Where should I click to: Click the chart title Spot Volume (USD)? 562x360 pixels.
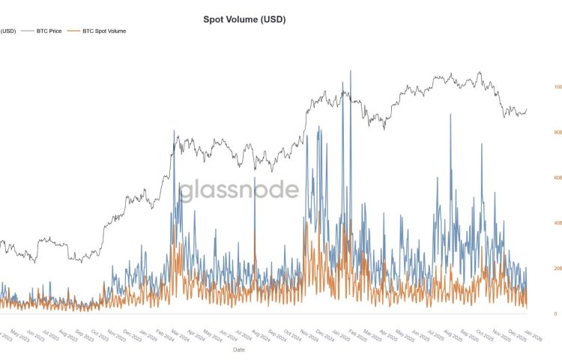244,19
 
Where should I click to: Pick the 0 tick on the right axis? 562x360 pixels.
555,313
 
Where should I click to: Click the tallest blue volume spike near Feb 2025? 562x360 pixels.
350,71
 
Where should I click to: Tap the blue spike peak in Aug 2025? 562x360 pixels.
450,115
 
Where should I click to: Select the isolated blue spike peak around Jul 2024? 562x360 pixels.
255,178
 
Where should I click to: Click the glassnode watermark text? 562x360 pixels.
239,189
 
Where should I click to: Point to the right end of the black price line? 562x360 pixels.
527,109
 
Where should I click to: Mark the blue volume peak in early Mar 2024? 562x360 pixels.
174,131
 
